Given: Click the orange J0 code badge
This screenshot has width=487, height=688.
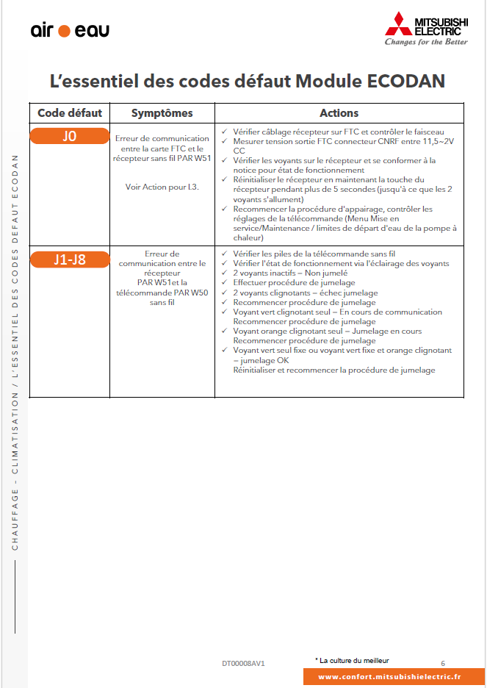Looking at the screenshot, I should [x=69, y=135].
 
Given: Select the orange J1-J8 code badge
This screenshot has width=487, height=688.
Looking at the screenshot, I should [x=69, y=259].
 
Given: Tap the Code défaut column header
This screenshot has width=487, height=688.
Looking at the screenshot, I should [x=70, y=113].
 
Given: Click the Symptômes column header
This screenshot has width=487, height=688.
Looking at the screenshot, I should [x=162, y=113].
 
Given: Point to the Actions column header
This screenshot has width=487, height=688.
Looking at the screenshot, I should [x=339, y=113].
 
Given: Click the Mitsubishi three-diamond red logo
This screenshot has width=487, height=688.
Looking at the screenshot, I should [x=398, y=25].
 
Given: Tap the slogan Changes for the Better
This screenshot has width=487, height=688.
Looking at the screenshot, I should [x=426, y=42].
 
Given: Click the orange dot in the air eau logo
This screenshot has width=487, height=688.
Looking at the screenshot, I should [x=64, y=31].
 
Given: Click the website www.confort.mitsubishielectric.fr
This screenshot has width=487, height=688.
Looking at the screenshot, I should [x=389, y=677].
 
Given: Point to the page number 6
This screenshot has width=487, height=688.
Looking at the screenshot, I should [x=443, y=662].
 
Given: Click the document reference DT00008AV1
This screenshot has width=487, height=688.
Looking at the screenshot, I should [x=243, y=663].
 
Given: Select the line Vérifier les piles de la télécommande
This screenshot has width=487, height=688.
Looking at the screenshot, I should [x=314, y=254].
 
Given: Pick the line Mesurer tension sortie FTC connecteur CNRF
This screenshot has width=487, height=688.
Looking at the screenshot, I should [x=343, y=140].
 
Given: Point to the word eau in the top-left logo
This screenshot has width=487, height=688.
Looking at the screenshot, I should [x=92, y=31].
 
